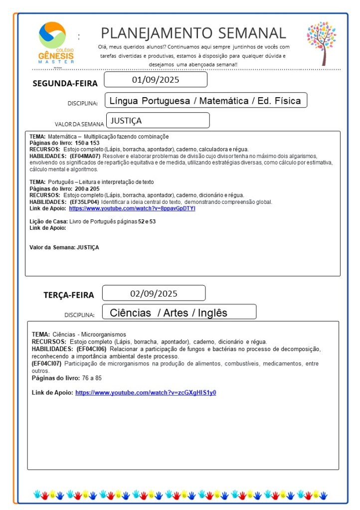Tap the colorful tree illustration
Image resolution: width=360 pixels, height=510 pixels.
[322, 43]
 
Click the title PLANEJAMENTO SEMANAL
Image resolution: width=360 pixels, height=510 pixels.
[193, 33]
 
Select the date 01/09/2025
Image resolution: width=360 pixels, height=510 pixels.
[156, 80]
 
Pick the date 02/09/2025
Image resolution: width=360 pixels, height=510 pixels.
[154, 293]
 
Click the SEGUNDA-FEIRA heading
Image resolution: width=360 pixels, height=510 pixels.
[65, 83]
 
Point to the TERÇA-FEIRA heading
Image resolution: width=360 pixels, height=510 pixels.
[68, 295]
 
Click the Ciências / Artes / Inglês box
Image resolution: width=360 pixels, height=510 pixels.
[169, 313]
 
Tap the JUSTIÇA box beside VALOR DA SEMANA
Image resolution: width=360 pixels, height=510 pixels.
[158, 121]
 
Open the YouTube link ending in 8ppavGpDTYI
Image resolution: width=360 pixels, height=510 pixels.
[132, 208]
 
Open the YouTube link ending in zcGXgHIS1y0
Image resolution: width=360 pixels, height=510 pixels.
[146, 393]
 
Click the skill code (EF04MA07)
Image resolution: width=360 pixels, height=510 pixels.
[85, 156]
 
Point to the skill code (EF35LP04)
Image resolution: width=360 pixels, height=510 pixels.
[84, 202]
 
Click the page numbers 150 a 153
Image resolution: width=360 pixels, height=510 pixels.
[87, 143]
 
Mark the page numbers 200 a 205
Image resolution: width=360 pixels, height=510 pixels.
[87, 189]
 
